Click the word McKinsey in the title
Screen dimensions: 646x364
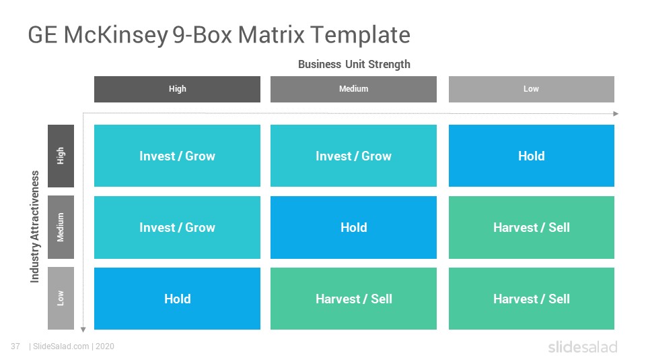pos(116,35)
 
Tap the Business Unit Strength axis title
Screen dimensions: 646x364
pos(354,65)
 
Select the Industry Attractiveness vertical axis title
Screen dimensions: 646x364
pos(34,226)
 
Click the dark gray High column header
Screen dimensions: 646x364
pos(177,89)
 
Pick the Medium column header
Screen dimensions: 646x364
pos(353,89)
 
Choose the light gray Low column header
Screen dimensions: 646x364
pos(532,89)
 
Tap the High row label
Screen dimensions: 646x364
pos(61,156)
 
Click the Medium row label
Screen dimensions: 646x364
pos(61,227)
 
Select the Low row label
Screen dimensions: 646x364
pos(61,299)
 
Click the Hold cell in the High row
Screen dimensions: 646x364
pos(532,156)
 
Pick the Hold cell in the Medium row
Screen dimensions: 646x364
pos(353,227)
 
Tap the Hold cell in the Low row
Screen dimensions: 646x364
pos(177,299)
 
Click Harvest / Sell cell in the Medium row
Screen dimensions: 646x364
pos(532,227)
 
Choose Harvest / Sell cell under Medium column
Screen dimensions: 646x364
pos(353,299)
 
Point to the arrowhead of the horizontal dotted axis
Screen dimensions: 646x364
pos(616,113)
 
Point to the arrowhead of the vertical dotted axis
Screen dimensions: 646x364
pos(83,330)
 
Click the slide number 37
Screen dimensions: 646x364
pos(15,346)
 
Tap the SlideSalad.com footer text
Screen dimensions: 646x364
pos(61,346)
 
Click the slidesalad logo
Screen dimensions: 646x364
pos(583,346)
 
